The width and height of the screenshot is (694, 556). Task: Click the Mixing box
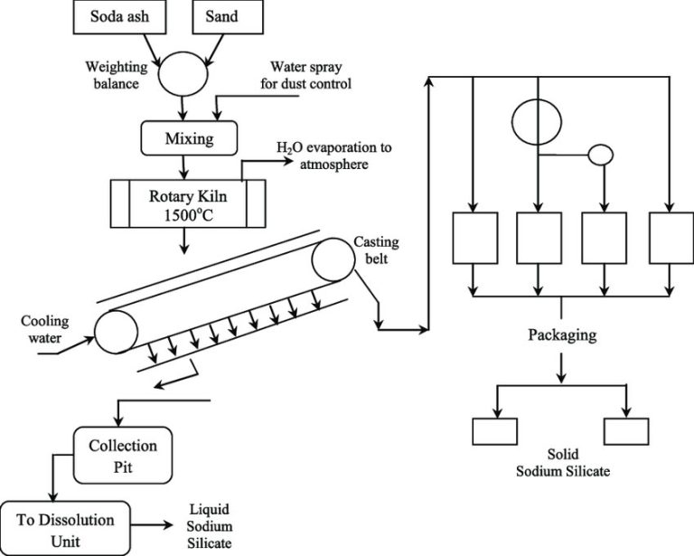[188, 137]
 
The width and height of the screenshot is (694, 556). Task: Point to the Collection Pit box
[122, 455]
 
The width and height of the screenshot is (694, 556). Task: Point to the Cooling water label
[41, 334]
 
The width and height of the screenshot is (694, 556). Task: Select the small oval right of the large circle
[600, 155]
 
